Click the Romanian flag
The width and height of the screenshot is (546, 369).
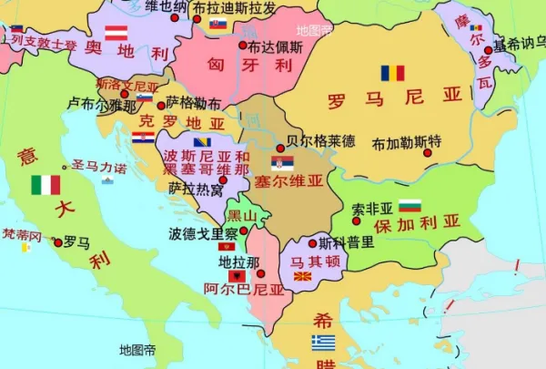pyautogui.click(x=392, y=73)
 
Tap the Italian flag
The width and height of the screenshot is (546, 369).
pyautogui.click(x=45, y=185)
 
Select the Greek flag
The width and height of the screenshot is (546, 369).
pyautogui.click(x=323, y=343)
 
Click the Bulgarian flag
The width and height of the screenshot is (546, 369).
pyautogui.click(x=409, y=205)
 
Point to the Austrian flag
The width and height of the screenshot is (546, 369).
pyautogui.click(x=116, y=33)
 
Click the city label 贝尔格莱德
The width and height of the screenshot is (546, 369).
pyautogui.click(x=320, y=141)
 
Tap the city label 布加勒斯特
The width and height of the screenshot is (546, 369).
pyautogui.click(x=406, y=142)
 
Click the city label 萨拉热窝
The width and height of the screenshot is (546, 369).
pyautogui.click(x=196, y=190)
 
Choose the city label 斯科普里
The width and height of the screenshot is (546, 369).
pyautogui.click(x=347, y=242)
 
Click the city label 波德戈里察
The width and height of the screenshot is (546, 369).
pyautogui.click(x=203, y=233)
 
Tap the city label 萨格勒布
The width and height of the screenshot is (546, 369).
pyautogui.click(x=193, y=102)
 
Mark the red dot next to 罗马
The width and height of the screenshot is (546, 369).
pyautogui.click(x=58, y=242)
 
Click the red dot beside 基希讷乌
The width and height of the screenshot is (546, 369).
pyautogui.click(x=489, y=50)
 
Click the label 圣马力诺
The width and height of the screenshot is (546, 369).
pyautogui.click(x=99, y=167)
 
